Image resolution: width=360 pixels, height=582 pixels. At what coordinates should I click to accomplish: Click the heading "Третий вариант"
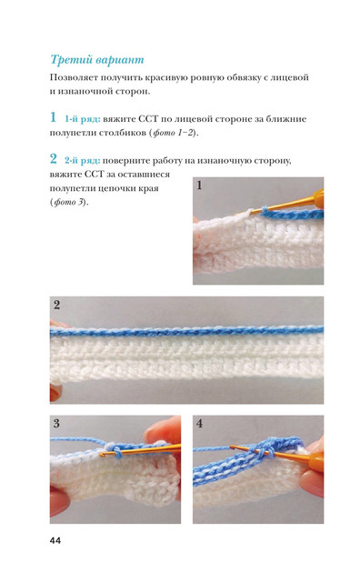point(97,60)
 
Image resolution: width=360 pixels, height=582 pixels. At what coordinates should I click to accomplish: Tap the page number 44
point(55,541)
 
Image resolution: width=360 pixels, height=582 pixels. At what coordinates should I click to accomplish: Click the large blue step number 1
point(54,117)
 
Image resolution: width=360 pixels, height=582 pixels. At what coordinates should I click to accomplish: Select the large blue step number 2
point(54,159)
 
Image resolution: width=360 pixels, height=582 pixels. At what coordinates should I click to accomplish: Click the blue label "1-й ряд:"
point(83,119)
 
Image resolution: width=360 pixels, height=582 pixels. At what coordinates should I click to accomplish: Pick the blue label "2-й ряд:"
point(82,161)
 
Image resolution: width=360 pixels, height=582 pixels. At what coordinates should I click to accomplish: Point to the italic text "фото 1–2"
point(174,133)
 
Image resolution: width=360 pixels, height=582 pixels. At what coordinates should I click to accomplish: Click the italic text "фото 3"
point(70,202)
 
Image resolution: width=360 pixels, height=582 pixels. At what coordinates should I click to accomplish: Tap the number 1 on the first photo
point(200,186)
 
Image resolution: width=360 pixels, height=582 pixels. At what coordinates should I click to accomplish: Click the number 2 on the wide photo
point(56,306)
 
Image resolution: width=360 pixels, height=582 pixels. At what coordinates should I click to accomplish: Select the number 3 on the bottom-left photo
point(56,424)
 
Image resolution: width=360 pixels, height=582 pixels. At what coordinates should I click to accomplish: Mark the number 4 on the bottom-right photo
point(200,424)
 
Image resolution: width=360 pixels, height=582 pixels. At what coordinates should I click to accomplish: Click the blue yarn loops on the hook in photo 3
point(115,450)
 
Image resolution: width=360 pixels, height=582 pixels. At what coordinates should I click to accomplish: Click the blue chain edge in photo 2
point(186,331)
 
